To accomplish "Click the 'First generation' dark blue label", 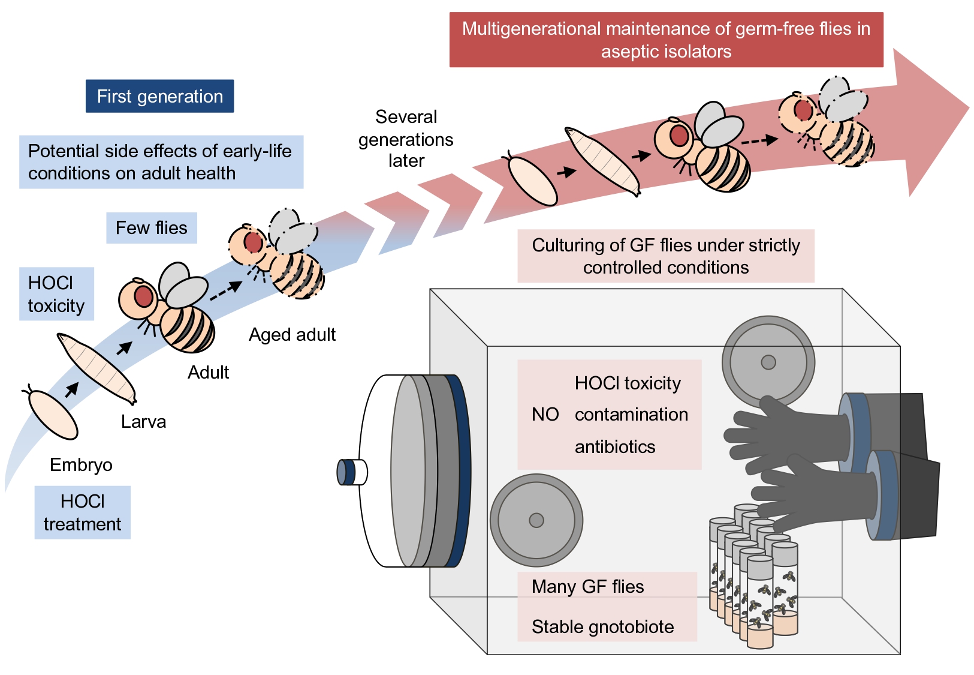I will tap(159, 96).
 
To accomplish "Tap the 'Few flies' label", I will tap(151, 228).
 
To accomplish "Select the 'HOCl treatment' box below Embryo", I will tap(82, 512).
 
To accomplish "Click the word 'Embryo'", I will tap(81, 465).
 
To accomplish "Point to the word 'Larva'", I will tap(143, 422).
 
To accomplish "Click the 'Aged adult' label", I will tap(292, 335).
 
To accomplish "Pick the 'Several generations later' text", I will tap(406, 139).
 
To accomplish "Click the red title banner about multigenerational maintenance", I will tap(666, 40).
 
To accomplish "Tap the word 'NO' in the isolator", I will tap(545, 415).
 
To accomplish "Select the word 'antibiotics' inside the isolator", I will tap(615, 447).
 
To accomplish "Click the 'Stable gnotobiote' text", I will tap(602, 627).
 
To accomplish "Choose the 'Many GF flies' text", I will tap(587, 587).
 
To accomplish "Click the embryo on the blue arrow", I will tap(53, 415).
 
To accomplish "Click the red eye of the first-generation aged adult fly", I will tap(253, 242).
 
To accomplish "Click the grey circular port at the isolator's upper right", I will tap(768, 362).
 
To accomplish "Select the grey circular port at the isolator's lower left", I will tap(536, 520).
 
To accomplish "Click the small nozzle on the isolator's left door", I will tap(351, 472).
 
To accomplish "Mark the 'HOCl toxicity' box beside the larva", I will tap(56, 294).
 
